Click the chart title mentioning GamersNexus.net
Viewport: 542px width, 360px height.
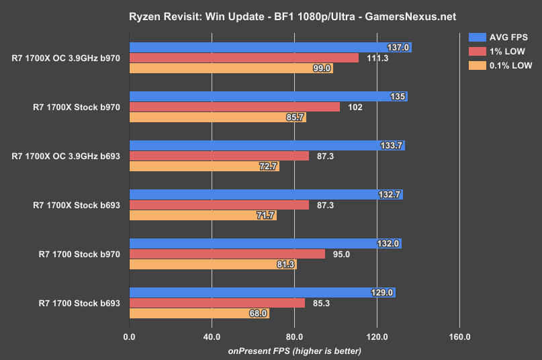[271, 15]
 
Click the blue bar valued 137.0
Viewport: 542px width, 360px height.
[270, 48]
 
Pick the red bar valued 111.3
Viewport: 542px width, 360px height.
[244, 58]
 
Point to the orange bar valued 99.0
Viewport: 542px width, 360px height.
[231, 68]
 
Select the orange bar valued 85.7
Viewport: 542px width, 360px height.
[217, 117]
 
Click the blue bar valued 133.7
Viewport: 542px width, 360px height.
[267, 146]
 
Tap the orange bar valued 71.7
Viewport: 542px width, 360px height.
[203, 216]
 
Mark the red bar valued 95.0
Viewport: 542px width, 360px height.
[227, 254]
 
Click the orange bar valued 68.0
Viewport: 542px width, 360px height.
[199, 313]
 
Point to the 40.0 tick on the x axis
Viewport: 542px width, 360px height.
[212, 337]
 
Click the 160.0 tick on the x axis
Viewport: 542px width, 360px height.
[459, 337]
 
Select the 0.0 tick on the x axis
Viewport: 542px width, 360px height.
[129, 337]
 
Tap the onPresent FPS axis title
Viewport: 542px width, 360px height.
[294, 351]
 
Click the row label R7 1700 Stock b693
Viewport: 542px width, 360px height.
[79, 303]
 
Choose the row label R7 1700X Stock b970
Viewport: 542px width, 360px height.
[76, 107]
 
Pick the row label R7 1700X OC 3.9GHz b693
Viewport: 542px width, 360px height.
[66, 156]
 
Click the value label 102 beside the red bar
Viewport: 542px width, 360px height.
[355, 107]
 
